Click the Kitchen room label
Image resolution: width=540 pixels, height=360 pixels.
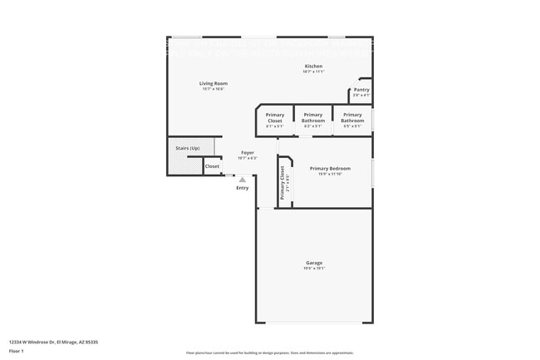[313, 67]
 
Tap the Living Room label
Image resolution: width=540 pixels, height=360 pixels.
[214, 83]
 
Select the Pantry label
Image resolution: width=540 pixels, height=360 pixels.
[361, 90]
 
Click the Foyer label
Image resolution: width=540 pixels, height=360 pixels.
[248, 153]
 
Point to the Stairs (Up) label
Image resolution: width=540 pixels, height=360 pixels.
[187, 148]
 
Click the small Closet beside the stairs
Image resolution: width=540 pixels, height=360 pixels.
[213, 166]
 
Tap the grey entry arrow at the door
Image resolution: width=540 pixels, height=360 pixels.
[243, 179]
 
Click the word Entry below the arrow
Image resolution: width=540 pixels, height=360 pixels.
[243, 188]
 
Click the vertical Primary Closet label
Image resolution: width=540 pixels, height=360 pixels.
[282, 181]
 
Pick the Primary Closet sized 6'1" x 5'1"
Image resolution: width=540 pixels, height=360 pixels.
[275, 118]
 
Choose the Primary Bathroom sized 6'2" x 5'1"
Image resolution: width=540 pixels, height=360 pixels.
[313, 118]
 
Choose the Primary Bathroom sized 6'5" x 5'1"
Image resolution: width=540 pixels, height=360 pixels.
[352, 118]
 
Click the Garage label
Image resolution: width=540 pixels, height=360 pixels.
[313, 263]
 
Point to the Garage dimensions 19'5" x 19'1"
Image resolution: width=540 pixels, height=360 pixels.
[313, 269]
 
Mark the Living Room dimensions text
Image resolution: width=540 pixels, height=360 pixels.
[214, 89]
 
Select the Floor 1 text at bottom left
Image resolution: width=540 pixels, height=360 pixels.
[17, 350]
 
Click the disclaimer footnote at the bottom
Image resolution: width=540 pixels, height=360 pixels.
[270, 353]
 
